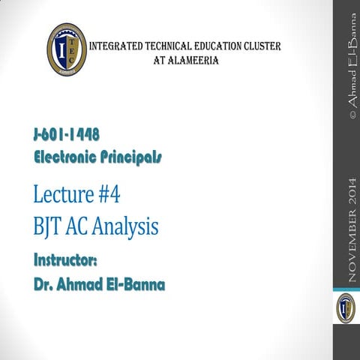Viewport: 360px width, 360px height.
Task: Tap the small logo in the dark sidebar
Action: (345, 308)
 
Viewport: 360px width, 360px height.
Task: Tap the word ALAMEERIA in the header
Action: (193, 60)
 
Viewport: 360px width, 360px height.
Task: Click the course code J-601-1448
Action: (67, 136)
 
